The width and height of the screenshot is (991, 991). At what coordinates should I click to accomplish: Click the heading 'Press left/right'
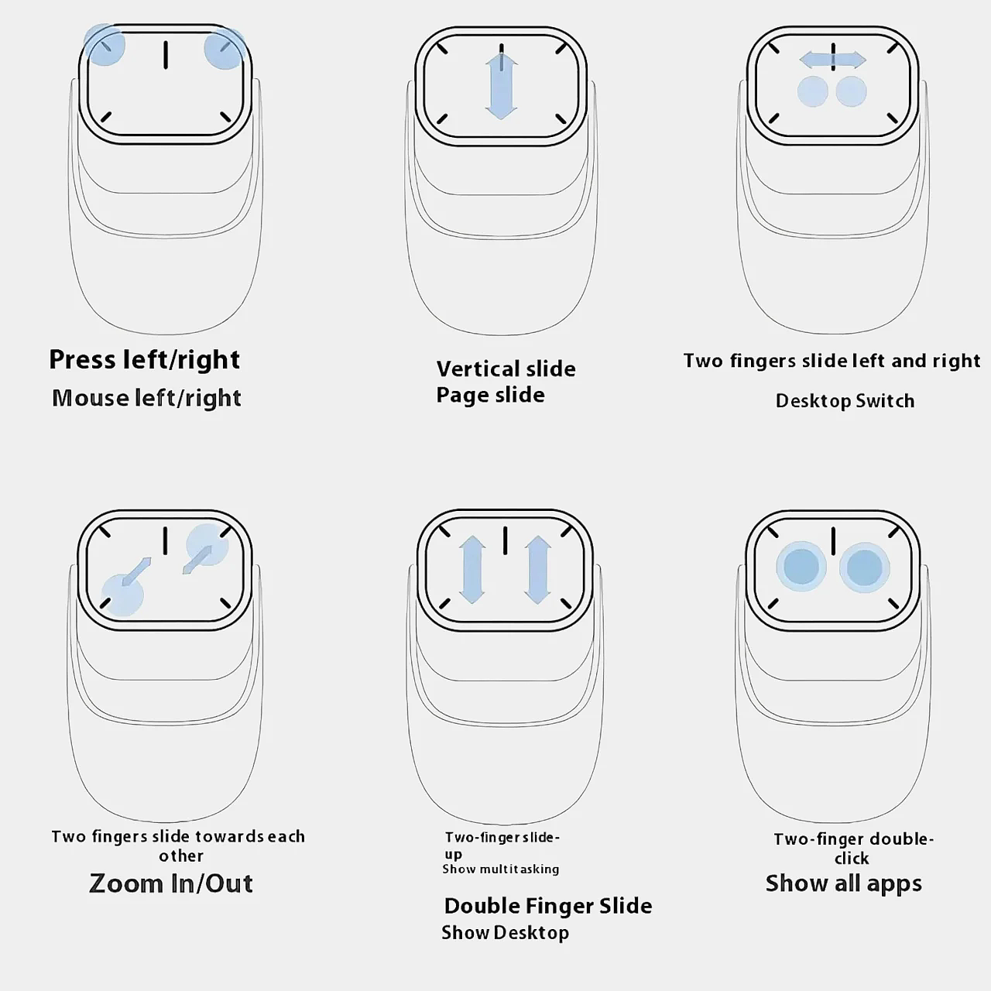pyautogui.click(x=145, y=360)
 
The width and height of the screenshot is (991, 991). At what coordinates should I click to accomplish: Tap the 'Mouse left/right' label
pyautogui.click(x=146, y=399)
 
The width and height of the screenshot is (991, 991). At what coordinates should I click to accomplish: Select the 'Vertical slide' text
pyautogui.click(x=506, y=369)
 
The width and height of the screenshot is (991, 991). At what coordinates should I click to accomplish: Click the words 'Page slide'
pyautogui.click(x=490, y=396)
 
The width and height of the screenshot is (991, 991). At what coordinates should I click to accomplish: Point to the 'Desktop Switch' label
pyautogui.click(x=845, y=401)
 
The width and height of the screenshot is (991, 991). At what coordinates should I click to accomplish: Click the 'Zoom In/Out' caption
pyautogui.click(x=171, y=883)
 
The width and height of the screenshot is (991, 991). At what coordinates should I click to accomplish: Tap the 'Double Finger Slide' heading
pyautogui.click(x=547, y=906)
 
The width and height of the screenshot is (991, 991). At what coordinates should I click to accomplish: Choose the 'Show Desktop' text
pyautogui.click(x=505, y=932)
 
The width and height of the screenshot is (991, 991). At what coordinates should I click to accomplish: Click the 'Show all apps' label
pyautogui.click(x=843, y=883)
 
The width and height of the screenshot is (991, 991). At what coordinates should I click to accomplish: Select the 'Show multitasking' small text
pyautogui.click(x=500, y=869)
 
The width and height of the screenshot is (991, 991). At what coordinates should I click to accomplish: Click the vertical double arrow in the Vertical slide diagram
pyautogui.click(x=502, y=87)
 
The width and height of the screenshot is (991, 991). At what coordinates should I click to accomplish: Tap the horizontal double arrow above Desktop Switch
pyautogui.click(x=832, y=60)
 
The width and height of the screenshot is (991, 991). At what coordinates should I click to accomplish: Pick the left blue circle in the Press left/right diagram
pyautogui.click(x=105, y=45)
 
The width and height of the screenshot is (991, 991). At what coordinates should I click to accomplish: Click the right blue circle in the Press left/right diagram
pyautogui.click(x=225, y=48)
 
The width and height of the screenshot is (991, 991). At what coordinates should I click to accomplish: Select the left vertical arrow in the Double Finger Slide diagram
pyautogui.click(x=472, y=569)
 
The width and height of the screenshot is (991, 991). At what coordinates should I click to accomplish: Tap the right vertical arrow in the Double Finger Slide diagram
pyautogui.click(x=538, y=569)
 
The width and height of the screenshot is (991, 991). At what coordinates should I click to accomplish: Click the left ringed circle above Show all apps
pyautogui.click(x=801, y=567)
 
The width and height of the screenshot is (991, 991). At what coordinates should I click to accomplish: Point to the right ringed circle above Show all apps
pyautogui.click(x=865, y=568)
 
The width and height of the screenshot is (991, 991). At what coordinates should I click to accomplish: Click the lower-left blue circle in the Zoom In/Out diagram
pyautogui.click(x=122, y=595)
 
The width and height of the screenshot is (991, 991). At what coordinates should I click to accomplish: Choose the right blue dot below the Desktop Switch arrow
pyautogui.click(x=851, y=91)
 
